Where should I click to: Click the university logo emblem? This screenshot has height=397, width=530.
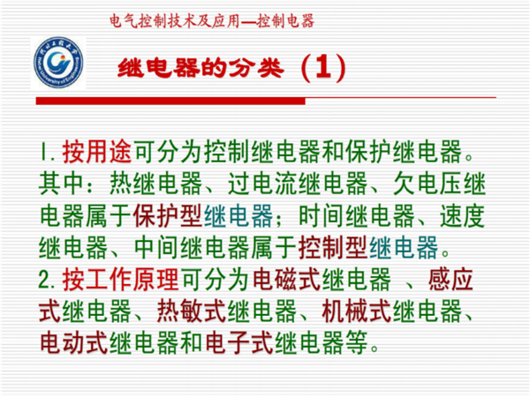tap(58, 64)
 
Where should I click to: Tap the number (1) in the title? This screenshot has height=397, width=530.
tap(323, 68)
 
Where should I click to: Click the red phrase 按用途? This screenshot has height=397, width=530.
tap(97, 152)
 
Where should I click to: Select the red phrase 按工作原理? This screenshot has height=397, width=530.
tap(120, 280)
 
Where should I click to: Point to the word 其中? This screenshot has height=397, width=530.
tap(62, 184)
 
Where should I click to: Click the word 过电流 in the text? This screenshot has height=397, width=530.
tap(263, 184)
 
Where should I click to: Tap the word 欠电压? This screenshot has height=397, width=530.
tap(428, 184)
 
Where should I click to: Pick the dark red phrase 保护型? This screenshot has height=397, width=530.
tap(168, 216)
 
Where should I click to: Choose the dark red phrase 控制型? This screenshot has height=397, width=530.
tap(333, 248)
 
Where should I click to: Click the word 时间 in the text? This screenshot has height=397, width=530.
tap(322, 216)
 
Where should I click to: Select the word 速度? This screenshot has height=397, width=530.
tap(463, 216)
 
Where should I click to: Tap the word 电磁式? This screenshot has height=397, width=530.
tap(286, 280)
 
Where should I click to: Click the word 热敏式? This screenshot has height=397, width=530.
tap(192, 311)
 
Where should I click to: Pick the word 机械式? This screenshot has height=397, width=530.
tap(357, 311)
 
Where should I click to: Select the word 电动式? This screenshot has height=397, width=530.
tap(73, 343)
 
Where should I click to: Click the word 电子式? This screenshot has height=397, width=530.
tap(239, 343)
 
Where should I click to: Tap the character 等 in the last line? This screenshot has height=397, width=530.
tap(357, 343)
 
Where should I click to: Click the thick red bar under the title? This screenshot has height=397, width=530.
tap(170, 101)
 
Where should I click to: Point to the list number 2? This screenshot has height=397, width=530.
tap(46, 281)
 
